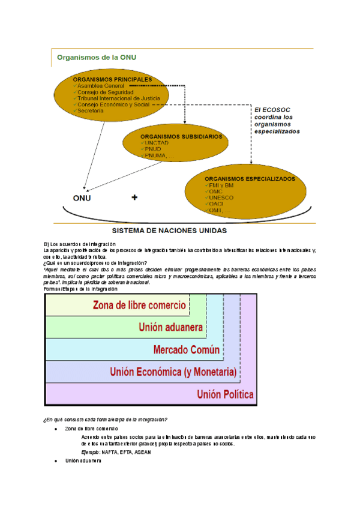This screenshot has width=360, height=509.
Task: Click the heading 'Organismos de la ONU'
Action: pos(96,58)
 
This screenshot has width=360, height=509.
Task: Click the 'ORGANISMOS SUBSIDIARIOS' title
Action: pos(181,136)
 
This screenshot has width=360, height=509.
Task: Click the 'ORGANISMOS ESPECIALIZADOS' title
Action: pos(250,179)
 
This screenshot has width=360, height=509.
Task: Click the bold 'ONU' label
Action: pos(83,198)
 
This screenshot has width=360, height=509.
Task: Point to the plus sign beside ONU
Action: pos(134,197)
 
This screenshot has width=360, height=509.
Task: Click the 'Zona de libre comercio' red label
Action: pos(139,305)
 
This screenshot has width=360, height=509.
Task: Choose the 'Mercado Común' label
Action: pos(187,350)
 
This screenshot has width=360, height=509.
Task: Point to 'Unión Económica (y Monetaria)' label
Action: pos(173,372)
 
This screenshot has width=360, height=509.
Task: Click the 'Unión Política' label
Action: pos(225,394)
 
